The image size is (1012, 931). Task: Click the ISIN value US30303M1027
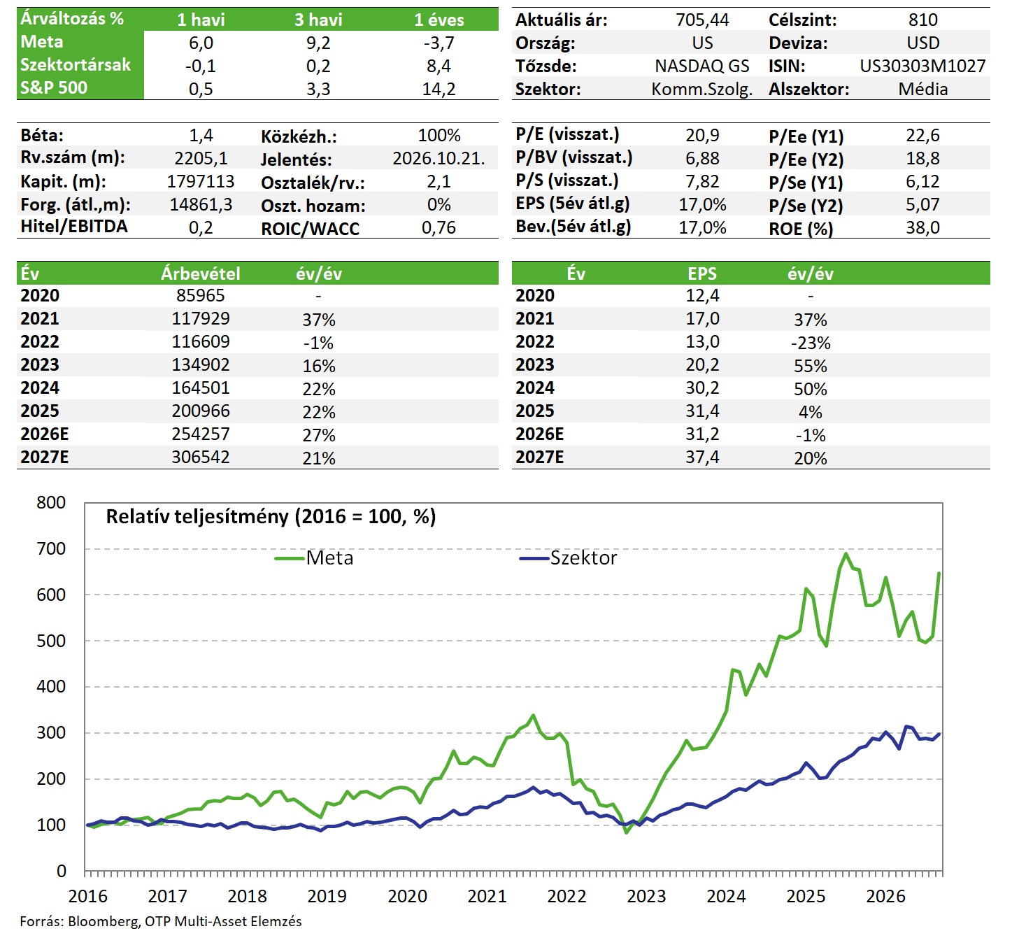[x=922, y=66]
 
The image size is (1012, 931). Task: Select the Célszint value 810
[x=922, y=20]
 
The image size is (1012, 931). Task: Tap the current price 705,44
[x=702, y=20]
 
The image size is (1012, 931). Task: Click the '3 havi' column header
[x=318, y=20]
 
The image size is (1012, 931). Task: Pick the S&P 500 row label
[x=53, y=88]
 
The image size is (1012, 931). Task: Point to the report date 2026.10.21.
[x=439, y=159]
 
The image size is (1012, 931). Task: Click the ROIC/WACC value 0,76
[x=439, y=227]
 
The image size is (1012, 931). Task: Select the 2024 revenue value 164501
[x=200, y=388]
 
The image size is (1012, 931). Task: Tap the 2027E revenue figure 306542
[x=200, y=457]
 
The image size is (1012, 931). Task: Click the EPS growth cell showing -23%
[x=810, y=343]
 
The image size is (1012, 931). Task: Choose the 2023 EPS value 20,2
[x=702, y=364]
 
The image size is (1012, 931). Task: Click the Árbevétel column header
[x=200, y=273]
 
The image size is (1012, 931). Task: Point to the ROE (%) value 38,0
[x=922, y=227]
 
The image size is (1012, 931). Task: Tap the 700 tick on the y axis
[x=51, y=548]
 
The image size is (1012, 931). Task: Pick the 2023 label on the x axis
[x=646, y=896]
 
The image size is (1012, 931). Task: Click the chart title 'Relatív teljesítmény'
[x=197, y=517]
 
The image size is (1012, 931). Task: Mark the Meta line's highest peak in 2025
[x=846, y=553]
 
